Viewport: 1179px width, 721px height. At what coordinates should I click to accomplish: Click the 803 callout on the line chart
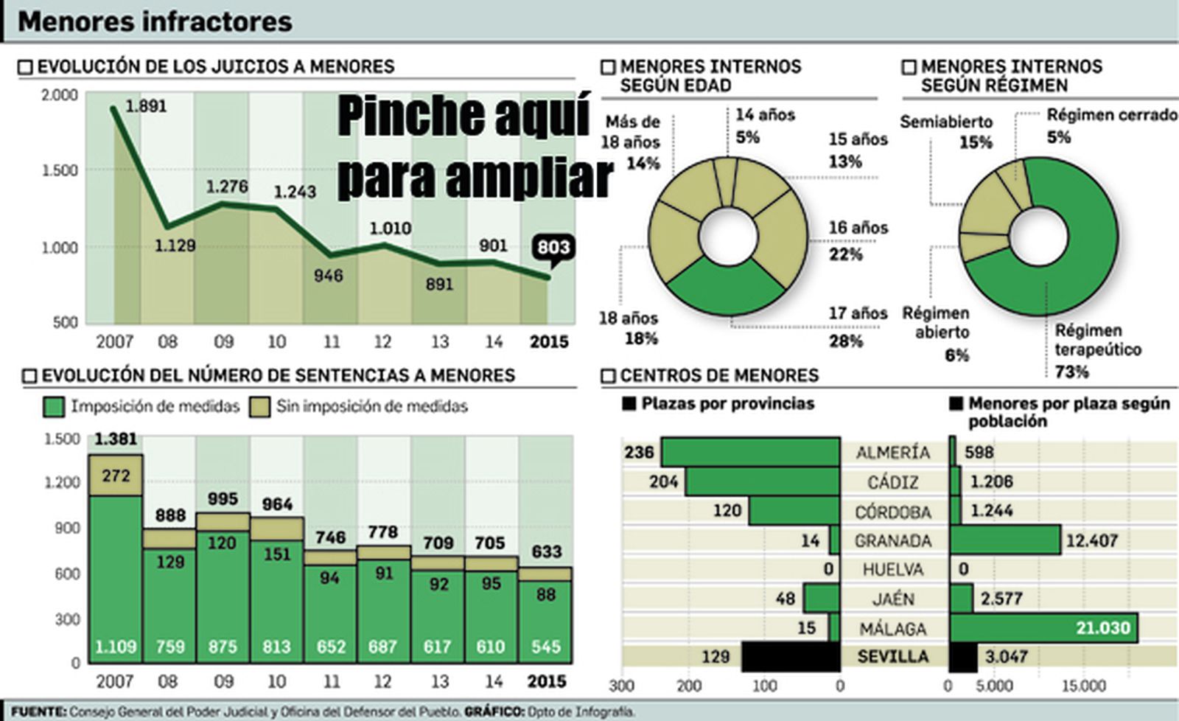[553, 248]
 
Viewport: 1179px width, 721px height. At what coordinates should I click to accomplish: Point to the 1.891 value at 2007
[146, 106]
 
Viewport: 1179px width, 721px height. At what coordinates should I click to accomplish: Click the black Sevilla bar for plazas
[791, 656]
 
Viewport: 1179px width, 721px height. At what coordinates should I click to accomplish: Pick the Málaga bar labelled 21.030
[1043, 628]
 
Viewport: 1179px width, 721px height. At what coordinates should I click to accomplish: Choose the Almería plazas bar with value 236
[750, 452]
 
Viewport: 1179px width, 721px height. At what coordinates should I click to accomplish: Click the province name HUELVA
[892, 570]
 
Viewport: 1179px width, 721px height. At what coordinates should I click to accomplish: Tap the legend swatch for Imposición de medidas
[53, 406]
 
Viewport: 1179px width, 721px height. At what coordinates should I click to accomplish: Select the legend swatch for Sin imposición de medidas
[259, 406]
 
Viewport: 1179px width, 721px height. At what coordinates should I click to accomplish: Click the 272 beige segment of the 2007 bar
[116, 476]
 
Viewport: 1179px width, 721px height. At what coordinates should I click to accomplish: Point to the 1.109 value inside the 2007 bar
[116, 647]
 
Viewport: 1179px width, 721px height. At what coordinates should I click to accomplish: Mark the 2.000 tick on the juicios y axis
[59, 95]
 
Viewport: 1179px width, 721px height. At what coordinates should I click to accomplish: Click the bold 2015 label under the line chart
[550, 342]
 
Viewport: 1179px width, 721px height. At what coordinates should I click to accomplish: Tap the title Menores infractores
[155, 21]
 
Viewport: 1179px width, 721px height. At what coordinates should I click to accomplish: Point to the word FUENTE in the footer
[37, 712]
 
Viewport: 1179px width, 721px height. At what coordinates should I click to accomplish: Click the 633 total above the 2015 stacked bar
[546, 551]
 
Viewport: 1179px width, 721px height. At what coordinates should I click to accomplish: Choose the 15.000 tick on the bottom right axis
[1083, 686]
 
